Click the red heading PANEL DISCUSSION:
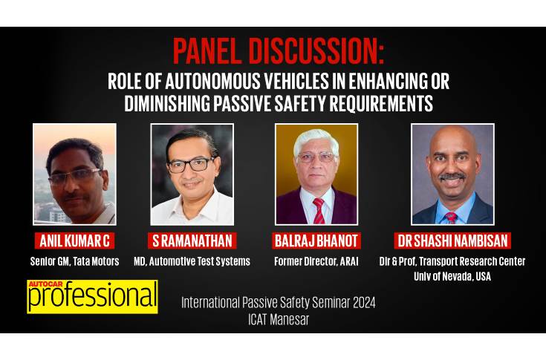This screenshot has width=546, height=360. pos(279,51)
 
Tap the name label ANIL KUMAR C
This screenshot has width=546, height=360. pos(74,240)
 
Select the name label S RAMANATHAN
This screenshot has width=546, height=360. pos(192,240)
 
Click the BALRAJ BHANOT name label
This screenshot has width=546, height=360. pos(316,240)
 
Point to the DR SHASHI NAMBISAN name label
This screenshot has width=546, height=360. pos(452,240)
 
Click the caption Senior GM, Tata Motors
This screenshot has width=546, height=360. pos(74,261)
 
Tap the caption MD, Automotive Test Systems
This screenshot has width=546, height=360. pos(192,261)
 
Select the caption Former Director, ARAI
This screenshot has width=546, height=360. pos(316,261)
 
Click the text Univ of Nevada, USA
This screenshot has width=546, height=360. pos(452,277)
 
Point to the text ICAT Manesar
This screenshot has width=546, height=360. pos(279,319)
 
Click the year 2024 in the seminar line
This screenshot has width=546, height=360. pos(364,302)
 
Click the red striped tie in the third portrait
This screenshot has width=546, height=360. pos(319,211)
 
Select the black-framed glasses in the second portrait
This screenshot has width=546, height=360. pos(191,165)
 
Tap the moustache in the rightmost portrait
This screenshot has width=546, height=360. pos(452,177)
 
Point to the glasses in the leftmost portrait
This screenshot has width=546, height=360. pos(74,175)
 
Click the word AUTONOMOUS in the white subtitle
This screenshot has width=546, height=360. pos(212,81)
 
